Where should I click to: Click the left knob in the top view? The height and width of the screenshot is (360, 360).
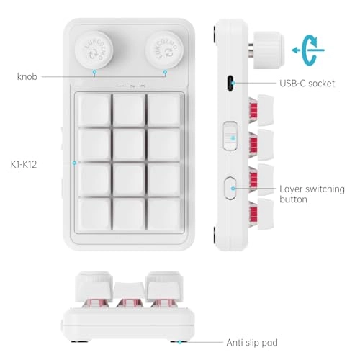coord(94,50)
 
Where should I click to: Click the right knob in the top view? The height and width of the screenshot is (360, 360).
coord(164,50)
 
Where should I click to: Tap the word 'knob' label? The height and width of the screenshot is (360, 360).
coord(27,76)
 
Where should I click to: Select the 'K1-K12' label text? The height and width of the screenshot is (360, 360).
coord(24,164)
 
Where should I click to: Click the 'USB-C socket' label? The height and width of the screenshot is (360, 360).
coord(307,84)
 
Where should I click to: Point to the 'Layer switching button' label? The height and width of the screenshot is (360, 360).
coord(312,194)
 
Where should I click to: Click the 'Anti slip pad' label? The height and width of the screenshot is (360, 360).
coord(252,342)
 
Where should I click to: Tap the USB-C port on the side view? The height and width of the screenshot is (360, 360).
coord(231,84)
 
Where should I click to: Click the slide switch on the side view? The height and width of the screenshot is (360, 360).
coord(230,136)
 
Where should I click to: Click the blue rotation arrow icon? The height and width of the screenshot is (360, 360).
coord(308,50)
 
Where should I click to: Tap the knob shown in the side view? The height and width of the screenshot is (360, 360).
coord(269,50)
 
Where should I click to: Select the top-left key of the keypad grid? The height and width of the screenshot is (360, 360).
coord(94,110)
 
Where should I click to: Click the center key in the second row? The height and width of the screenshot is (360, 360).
coord(129,145)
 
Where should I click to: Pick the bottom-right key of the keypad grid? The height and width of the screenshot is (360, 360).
coord(164,214)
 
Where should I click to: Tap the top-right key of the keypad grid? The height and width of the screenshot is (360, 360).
coord(164,110)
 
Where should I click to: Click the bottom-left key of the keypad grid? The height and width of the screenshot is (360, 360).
coord(94,214)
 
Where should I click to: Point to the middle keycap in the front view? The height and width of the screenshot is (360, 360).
coord(129,290)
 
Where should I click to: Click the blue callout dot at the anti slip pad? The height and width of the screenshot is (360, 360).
coord(179,342)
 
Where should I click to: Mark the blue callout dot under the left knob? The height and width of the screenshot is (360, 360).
coord(94,72)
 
